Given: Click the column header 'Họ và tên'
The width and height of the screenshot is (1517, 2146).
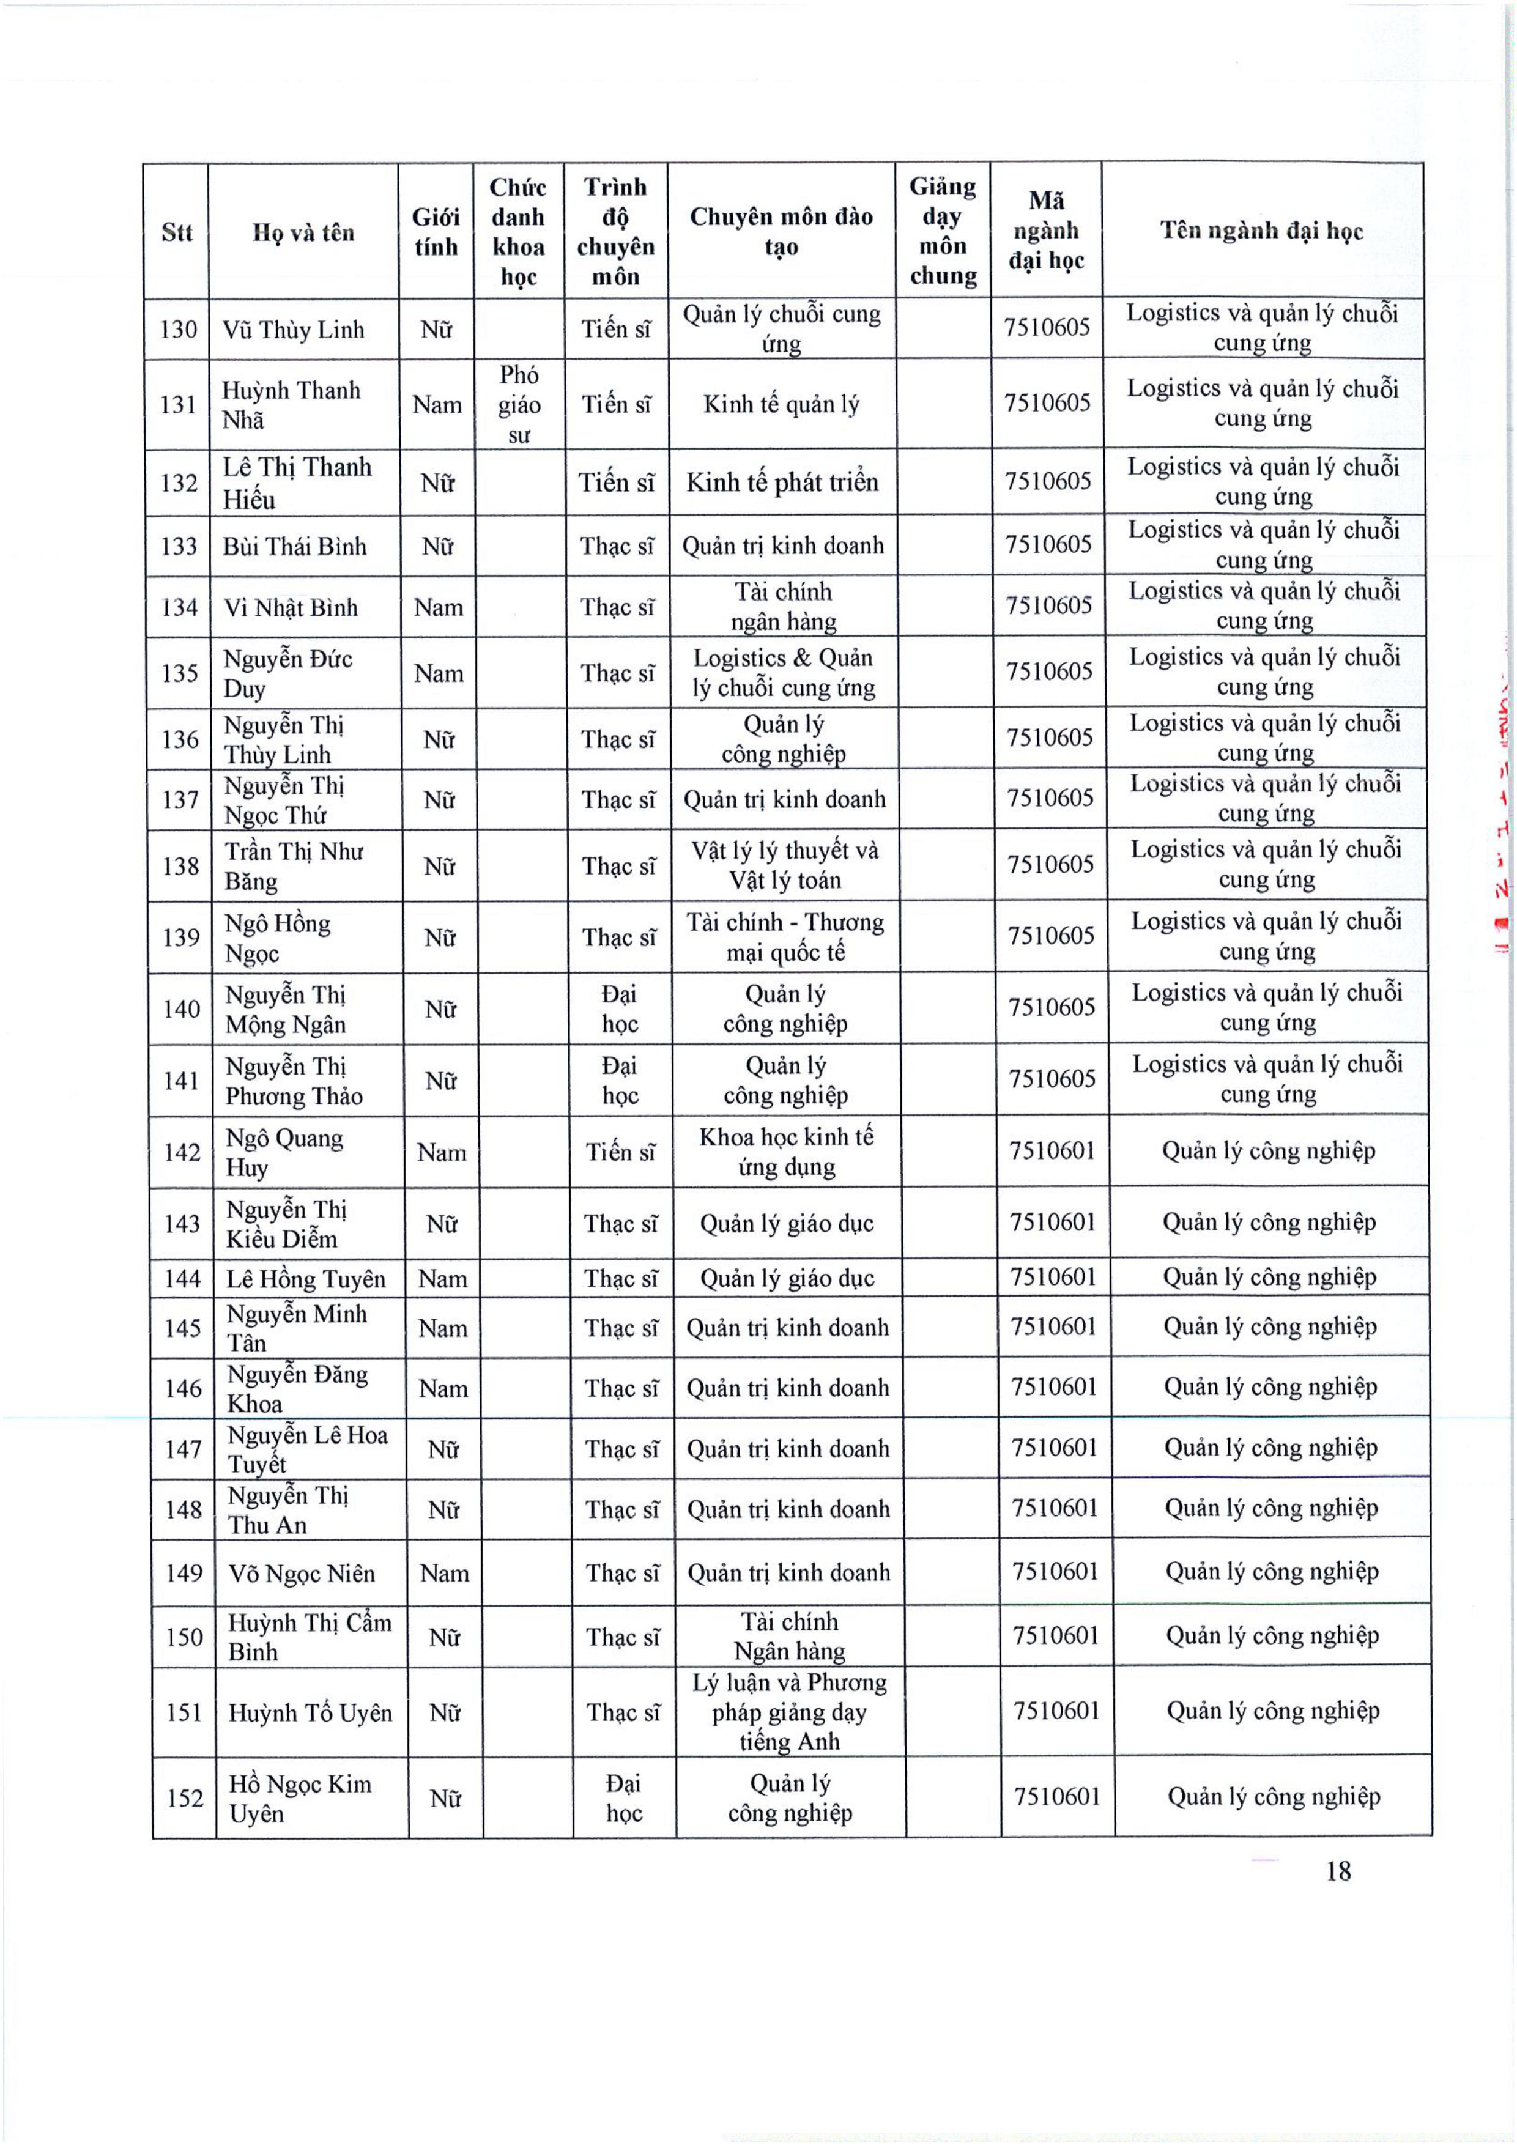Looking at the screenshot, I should (303, 232).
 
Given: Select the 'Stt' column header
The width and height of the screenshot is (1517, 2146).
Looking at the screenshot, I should (177, 232).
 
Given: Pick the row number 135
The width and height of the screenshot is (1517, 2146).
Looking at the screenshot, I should (179, 673).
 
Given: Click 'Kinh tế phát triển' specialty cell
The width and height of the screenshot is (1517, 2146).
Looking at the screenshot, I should (782, 483).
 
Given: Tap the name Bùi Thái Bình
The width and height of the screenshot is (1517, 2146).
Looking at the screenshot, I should (294, 546).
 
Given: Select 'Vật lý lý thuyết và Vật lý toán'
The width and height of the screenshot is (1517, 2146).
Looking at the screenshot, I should (785, 865).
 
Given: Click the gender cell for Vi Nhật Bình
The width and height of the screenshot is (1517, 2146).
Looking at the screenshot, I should (439, 607).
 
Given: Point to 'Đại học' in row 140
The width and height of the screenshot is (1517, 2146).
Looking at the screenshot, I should (620, 1008).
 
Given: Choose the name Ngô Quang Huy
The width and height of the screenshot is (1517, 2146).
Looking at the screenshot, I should (284, 1152).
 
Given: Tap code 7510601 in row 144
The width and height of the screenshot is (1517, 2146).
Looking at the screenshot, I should (1053, 1277).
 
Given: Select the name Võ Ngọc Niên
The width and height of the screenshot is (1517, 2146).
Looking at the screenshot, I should (302, 1573).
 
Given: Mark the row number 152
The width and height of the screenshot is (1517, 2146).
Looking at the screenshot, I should (185, 1797).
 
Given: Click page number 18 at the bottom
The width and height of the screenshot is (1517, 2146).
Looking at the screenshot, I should (1338, 1870).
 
